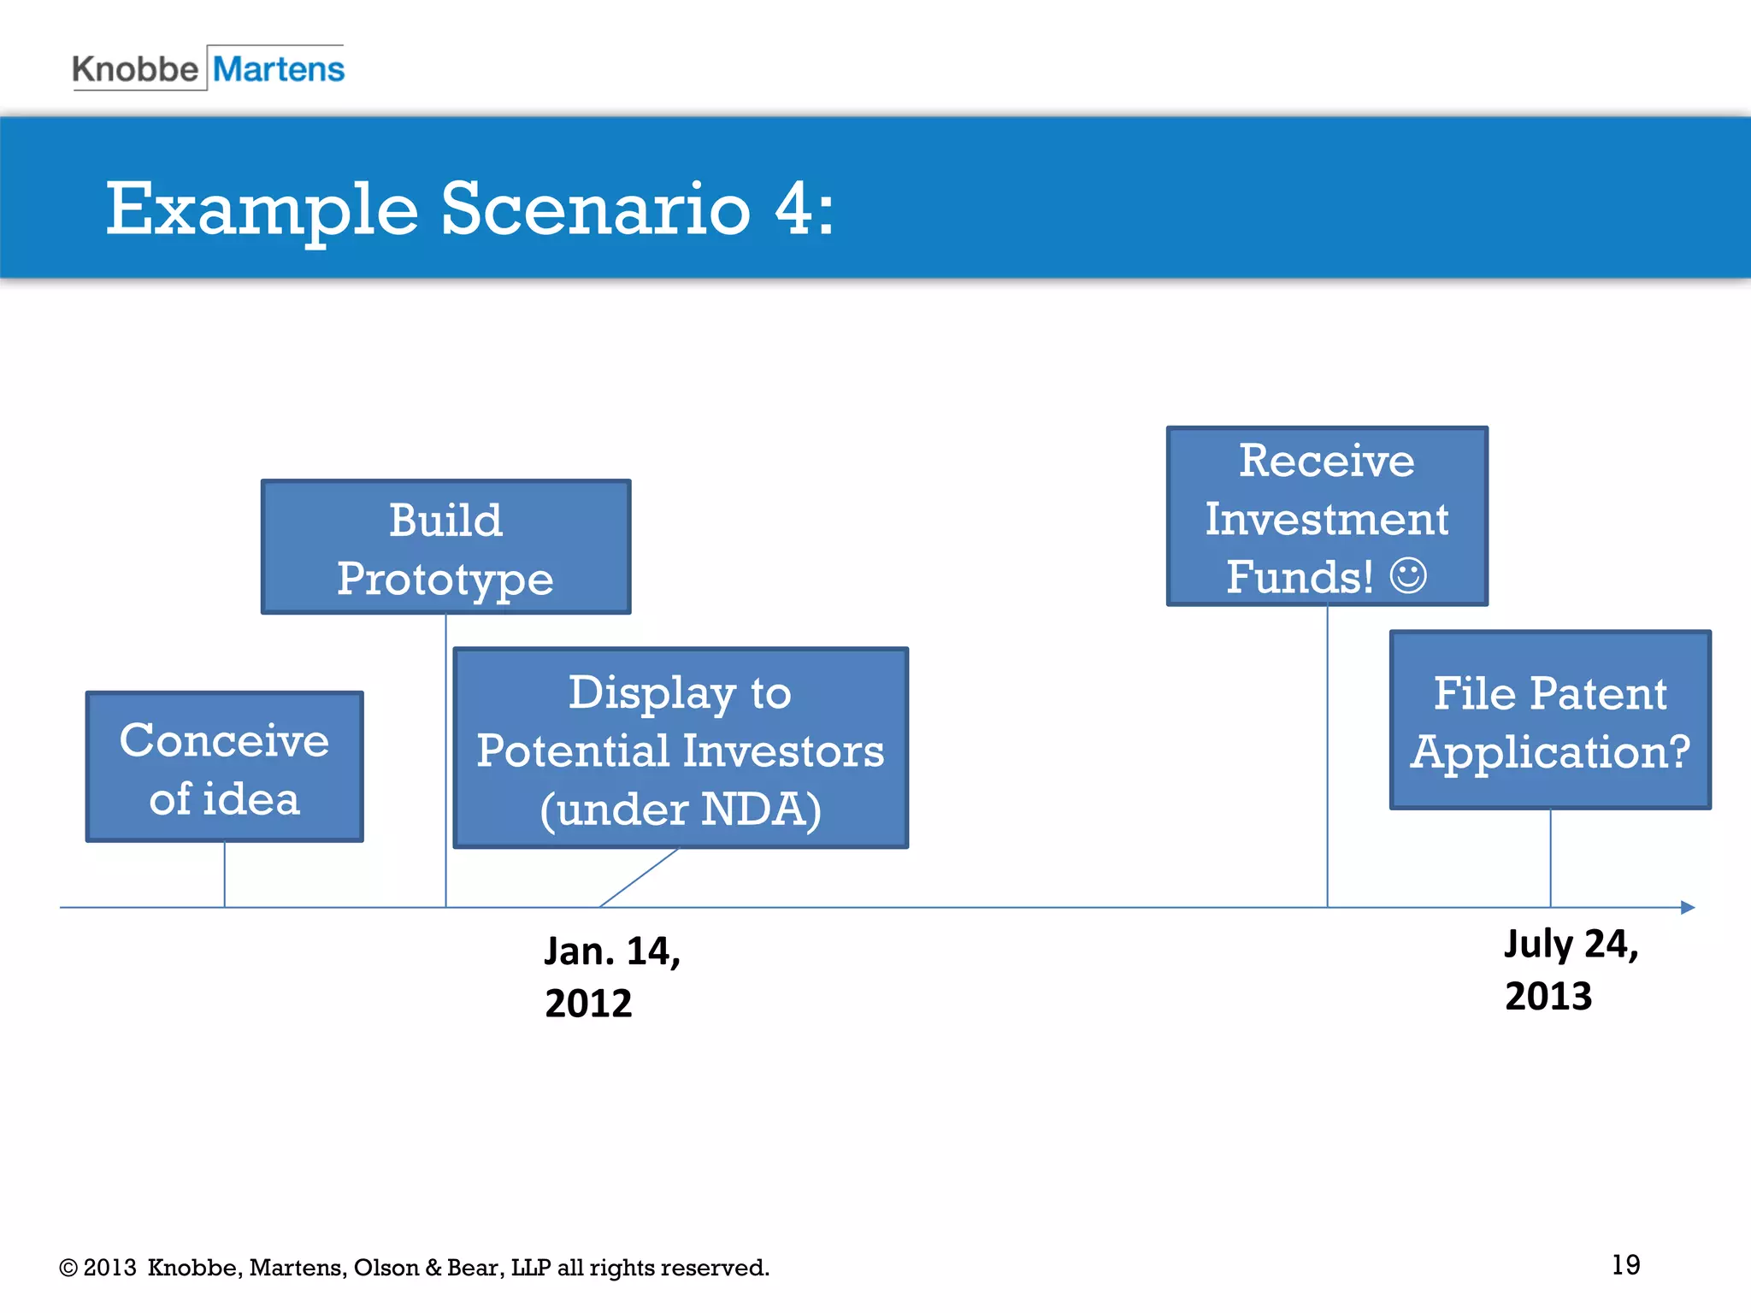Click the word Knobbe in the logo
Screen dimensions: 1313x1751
point(135,69)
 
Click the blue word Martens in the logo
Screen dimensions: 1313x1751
point(279,69)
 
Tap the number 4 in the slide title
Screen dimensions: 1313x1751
point(792,209)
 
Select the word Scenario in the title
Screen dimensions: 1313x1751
point(595,209)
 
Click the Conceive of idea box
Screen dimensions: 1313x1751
point(225,767)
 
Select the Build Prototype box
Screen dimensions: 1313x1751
point(445,547)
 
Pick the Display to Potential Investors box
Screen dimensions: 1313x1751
point(681,748)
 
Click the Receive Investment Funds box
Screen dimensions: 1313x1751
point(1327,516)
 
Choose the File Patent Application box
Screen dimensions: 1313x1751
point(1550,720)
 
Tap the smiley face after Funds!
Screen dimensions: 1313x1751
point(1408,575)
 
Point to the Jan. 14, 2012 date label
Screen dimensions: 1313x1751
point(611,976)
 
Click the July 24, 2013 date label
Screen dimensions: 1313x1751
point(1571,969)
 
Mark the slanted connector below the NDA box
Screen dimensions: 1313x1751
point(640,877)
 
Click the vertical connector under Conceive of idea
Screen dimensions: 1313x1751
point(225,874)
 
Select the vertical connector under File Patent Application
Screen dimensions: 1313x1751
point(1550,857)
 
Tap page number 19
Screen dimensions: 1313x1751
point(1625,1265)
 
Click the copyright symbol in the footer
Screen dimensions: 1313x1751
point(68,1268)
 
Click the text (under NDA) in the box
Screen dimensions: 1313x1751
point(681,810)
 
